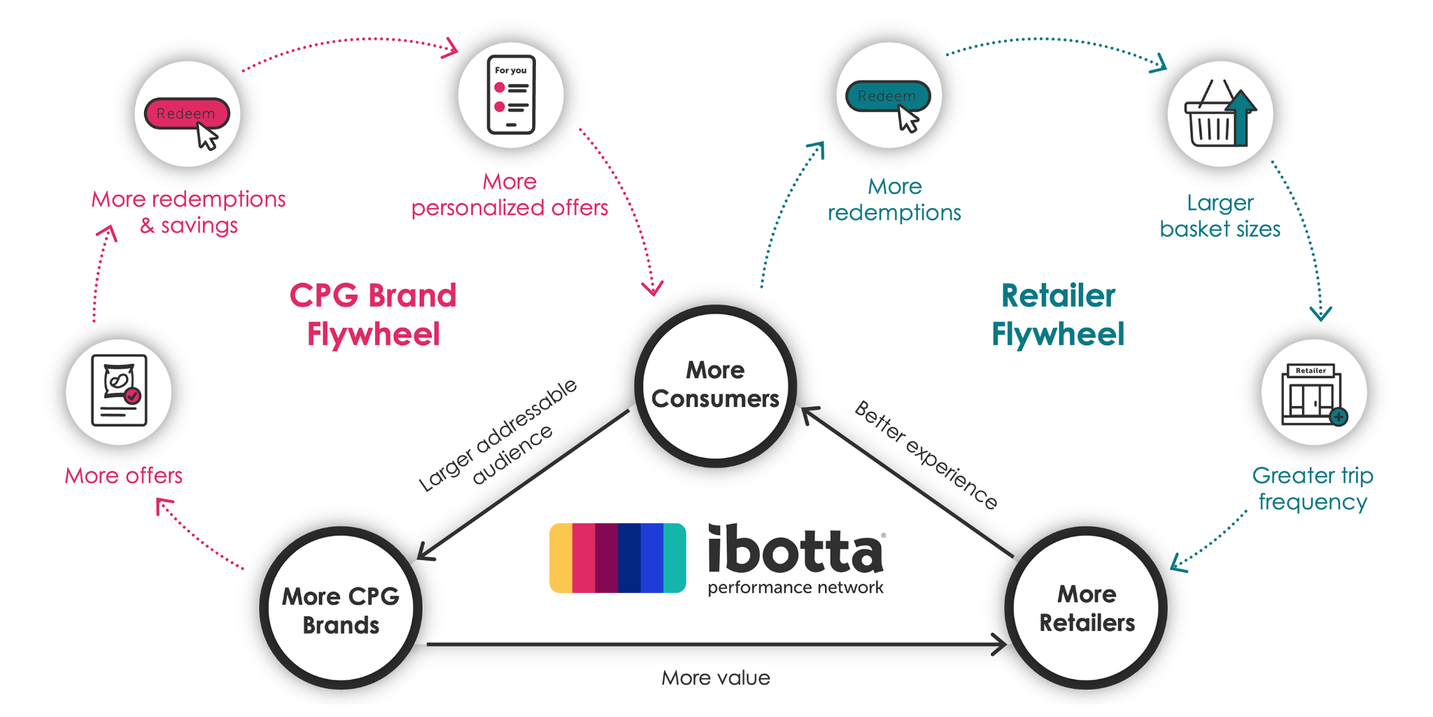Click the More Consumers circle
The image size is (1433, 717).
715,385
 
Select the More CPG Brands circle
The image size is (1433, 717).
341,608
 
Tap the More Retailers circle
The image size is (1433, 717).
1086,608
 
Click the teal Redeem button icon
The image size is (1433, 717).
888,97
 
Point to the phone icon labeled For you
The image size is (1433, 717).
511,95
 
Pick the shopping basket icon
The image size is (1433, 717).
1220,115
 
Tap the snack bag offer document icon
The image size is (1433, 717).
119,391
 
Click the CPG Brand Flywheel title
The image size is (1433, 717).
373,315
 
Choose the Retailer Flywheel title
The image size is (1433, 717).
1058,315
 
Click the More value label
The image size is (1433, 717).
715,678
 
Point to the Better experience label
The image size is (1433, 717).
926,455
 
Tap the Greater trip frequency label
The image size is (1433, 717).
1313,489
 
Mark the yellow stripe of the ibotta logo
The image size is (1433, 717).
561,558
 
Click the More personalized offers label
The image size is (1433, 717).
509,195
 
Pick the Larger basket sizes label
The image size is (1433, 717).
1220,216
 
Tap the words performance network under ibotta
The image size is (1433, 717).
796,587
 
